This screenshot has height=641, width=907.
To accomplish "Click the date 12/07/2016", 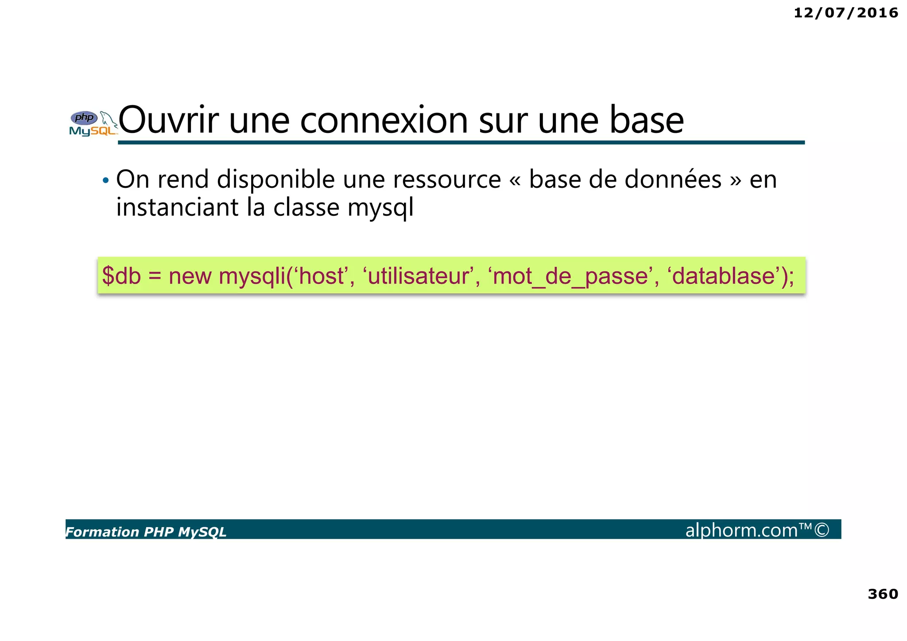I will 845,13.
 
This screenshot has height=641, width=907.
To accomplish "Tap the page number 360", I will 883,594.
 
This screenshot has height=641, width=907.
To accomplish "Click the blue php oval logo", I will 84,118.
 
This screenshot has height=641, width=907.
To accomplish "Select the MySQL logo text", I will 92,131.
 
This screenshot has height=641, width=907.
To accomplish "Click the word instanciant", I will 177,207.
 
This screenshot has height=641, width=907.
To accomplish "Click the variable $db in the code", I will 121,276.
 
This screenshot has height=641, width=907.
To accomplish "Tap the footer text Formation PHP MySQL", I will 146,532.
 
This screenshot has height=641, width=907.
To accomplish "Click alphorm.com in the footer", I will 741,530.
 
